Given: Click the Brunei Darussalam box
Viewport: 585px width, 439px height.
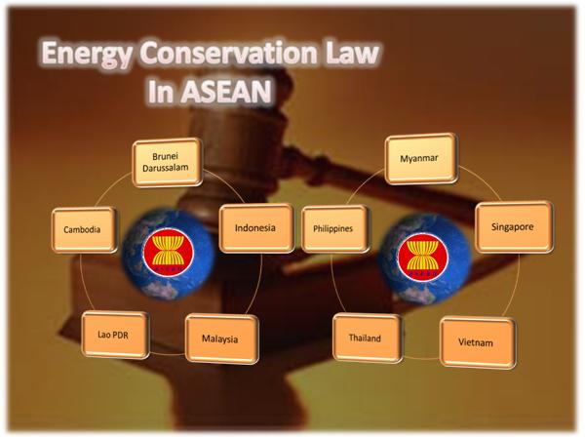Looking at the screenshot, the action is pyautogui.click(x=167, y=162).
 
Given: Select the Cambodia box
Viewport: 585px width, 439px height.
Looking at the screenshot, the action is pyautogui.click(x=84, y=229).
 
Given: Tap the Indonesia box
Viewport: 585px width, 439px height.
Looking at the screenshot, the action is pyautogui.click(x=256, y=228).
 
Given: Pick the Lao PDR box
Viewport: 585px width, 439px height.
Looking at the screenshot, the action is pyautogui.click(x=115, y=335).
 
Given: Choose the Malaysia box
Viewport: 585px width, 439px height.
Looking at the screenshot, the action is pyautogui.click(x=222, y=339).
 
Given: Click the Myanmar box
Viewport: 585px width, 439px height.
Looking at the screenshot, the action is pyautogui.click(x=421, y=159).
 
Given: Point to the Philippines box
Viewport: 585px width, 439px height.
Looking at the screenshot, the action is pyautogui.click(x=335, y=229).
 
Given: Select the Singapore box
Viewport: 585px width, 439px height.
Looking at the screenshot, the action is pyautogui.click(x=514, y=227).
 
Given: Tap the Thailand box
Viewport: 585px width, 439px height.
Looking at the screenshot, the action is pyautogui.click(x=368, y=339).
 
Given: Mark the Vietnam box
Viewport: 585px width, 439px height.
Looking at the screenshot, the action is pyautogui.click(x=478, y=342).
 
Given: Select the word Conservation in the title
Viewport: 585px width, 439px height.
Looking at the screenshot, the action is pyautogui.click(x=229, y=53).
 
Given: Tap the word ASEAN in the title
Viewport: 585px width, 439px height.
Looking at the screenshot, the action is pyautogui.click(x=227, y=92).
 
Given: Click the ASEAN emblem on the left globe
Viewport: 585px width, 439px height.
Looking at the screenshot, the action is pyautogui.click(x=169, y=252).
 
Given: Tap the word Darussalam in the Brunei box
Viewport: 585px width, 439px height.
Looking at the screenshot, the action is pyautogui.click(x=166, y=169).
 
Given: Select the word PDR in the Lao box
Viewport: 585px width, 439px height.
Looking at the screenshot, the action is pyautogui.click(x=120, y=336).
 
